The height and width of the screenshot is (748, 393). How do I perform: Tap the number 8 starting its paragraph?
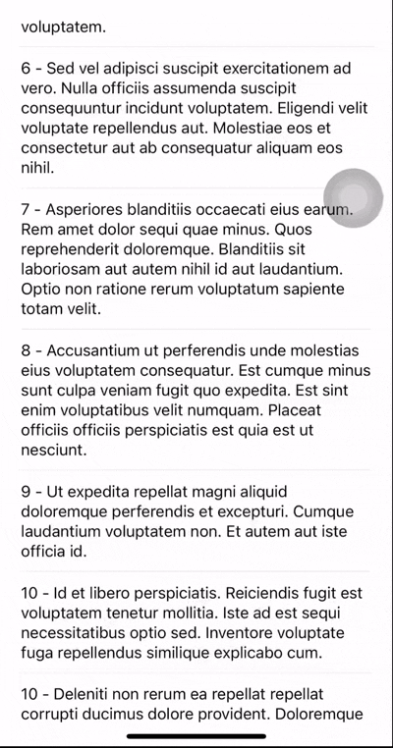pyautogui.click(x=26, y=350)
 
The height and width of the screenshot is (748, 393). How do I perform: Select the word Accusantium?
pyautogui.click(x=95, y=350)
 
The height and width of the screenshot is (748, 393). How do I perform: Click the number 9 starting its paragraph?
pyautogui.click(x=26, y=491)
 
